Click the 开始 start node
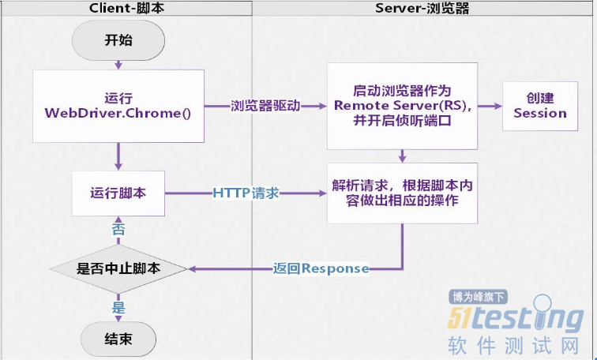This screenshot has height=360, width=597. (118, 39)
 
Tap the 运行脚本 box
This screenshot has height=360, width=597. (118, 193)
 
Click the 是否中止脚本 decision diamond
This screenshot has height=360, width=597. (118, 268)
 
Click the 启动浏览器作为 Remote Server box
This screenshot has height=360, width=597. (402, 106)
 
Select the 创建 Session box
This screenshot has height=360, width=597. (540, 106)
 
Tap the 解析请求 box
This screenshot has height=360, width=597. (402, 193)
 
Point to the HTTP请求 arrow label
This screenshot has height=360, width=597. (246, 193)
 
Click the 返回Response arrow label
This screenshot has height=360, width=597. (321, 268)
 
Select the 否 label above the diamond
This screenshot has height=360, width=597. (118, 230)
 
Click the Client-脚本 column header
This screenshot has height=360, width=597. (126, 7)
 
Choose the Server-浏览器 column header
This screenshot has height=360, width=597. (423, 7)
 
